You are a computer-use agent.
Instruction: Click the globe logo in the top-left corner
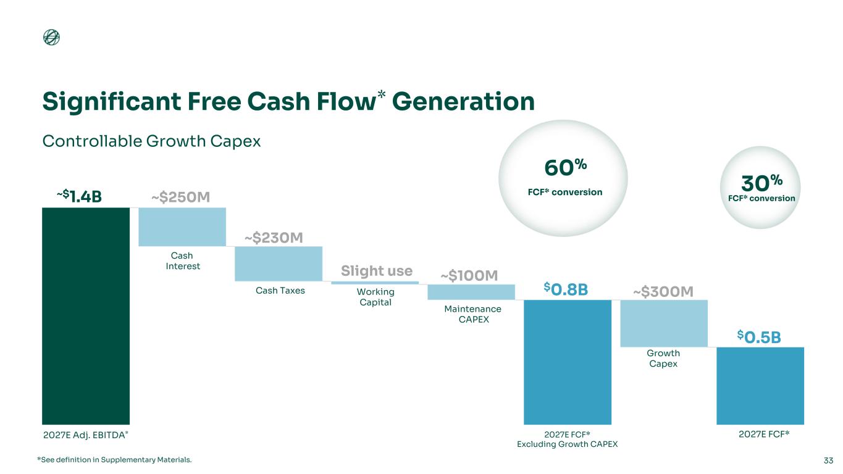(x=51, y=37)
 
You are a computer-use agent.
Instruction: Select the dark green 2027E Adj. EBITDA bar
(x=86, y=316)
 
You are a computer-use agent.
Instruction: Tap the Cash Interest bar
(x=182, y=227)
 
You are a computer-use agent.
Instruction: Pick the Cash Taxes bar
(x=279, y=264)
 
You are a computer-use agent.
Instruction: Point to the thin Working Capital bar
(x=375, y=283)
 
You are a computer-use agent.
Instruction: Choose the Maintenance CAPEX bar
(x=471, y=292)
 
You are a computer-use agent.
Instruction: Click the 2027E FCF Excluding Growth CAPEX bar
(x=568, y=362)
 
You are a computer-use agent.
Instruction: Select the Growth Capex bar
(x=664, y=323)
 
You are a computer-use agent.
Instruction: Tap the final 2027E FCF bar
(x=760, y=386)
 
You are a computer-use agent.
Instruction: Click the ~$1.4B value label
(x=79, y=196)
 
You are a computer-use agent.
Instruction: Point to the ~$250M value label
(x=180, y=197)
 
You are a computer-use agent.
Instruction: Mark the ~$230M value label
(x=274, y=238)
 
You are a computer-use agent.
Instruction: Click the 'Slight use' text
(x=377, y=270)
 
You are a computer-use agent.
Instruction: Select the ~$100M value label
(x=469, y=275)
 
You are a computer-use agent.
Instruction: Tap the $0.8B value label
(x=566, y=289)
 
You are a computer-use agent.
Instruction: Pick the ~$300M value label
(x=663, y=291)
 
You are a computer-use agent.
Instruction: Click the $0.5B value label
(x=759, y=337)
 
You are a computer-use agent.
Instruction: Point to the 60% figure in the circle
(x=565, y=167)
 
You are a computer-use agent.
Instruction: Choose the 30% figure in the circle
(x=761, y=183)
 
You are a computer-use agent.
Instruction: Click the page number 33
(x=828, y=460)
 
